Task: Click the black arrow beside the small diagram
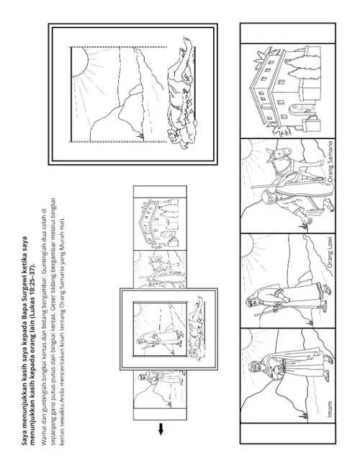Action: pyautogui.click(x=161, y=429)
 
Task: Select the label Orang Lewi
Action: pyautogui.click(x=330, y=255)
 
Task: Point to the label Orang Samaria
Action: pyautogui.click(x=330, y=161)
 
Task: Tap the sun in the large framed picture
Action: pyautogui.click(x=79, y=62)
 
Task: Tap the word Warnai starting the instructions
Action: pyautogui.click(x=45, y=435)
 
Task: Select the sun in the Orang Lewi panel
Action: pyautogui.click(x=248, y=244)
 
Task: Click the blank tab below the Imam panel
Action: pyautogui.click(x=288, y=433)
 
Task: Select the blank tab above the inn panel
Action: pyautogui.click(x=288, y=33)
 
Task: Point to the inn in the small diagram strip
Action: pyautogui.click(x=160, y=223)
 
